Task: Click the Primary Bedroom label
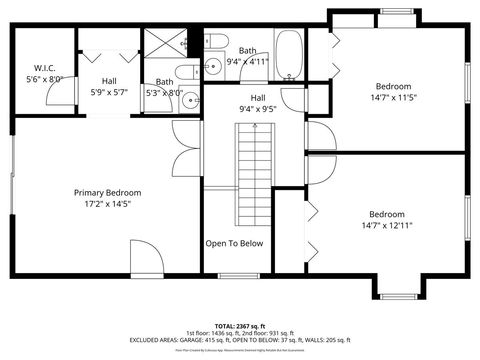(x=107, y=192)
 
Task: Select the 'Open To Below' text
(x=234, y=243)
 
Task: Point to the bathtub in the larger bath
(x=289, y=55)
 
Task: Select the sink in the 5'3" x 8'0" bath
(x=150, y=101)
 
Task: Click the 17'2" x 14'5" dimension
(x=107, y=204)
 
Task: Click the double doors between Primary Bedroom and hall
(x=179, y=149)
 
